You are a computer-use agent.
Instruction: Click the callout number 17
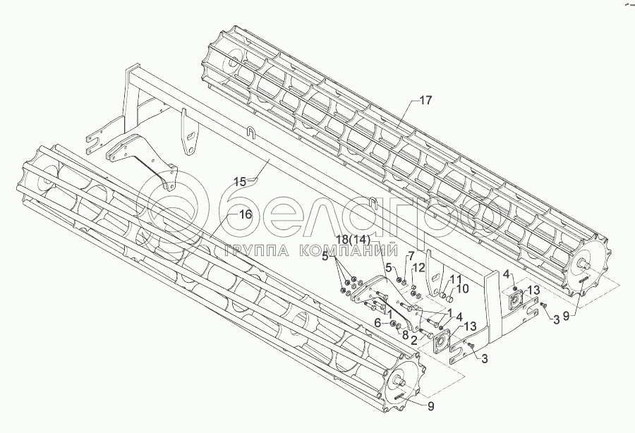tap(425, 101)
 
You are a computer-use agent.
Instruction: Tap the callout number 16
tap(245, 214)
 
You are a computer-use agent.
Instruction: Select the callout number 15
tap(240, 181)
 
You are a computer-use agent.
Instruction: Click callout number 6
tap(377, 323)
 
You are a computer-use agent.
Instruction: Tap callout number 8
tap(405, 334)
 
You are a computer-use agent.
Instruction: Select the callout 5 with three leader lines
tap(325, 257)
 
